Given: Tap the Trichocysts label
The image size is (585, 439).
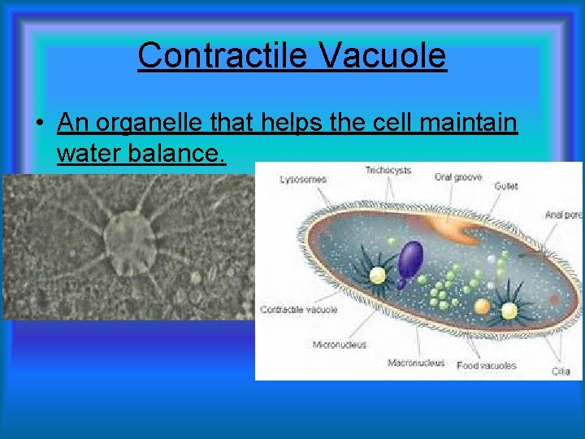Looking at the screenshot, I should (x=388, y=171).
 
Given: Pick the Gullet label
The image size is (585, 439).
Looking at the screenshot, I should (x=505, y=186).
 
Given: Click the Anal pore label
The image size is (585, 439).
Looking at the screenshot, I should (x=563, y=215).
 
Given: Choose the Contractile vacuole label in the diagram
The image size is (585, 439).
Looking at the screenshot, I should (x=298, y=310).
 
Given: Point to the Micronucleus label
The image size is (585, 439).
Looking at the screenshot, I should (x=340, y=345).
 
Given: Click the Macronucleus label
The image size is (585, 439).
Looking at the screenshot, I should (x=416, y=363).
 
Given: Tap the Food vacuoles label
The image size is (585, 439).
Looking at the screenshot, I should (x=486, y=366).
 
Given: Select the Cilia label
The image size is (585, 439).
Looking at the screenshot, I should (x=561, y=372).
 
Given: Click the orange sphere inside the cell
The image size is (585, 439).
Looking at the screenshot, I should (x=482, y=306).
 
